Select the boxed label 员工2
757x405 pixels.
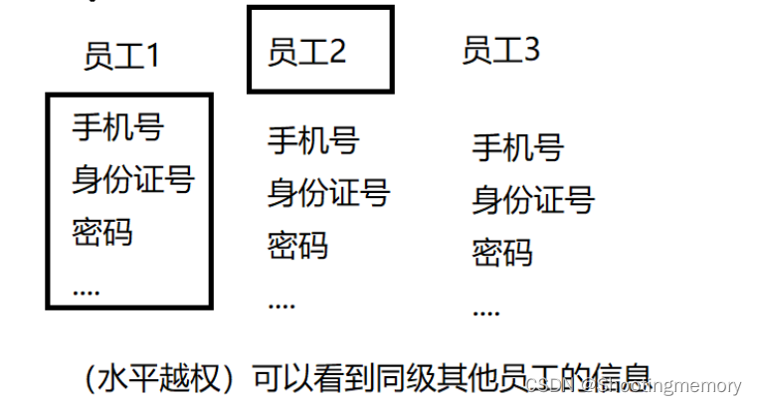click(306, 52)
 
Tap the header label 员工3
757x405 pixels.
click(500, 50)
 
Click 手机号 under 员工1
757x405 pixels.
click(117, 126)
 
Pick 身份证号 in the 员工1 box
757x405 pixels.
click(132, 180)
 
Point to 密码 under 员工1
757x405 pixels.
click(102, 232)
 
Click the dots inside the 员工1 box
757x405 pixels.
click(87, 290)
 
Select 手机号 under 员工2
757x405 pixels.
click(312, 140)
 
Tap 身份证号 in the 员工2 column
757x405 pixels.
click(328, 192)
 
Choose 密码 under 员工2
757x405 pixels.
click(297, 244)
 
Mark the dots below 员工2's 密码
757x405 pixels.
click(282, 303)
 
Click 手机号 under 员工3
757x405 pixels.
click(517, 148)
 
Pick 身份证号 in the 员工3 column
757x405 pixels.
click(532, 200)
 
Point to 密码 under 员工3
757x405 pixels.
click(501, 251)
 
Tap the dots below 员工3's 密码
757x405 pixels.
click(485, 311)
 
